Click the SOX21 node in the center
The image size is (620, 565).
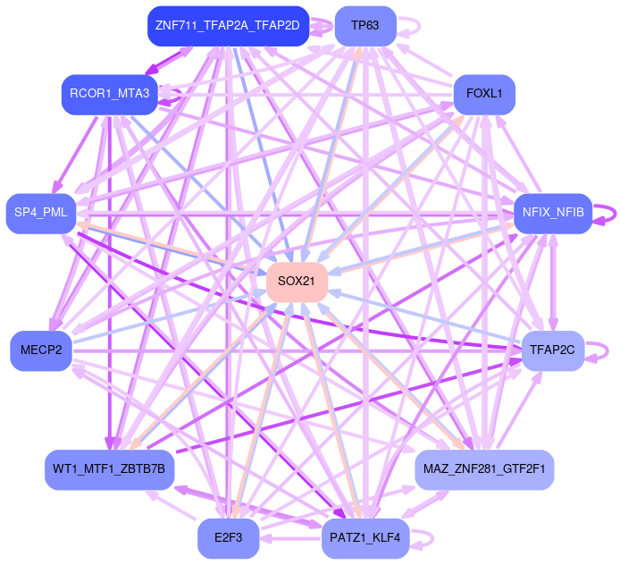[x=297, y=282]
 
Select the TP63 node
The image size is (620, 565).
[x=365, y=26]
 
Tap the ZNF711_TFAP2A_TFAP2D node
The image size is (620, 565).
[x=227, y=26]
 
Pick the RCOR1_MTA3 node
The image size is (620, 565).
[x=109, y=93]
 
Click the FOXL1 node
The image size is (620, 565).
[x=484, y=93]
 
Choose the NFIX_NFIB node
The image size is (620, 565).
[x=553, y=213]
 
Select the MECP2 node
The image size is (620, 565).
[x=40, y=350]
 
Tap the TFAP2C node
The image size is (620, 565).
[x=552, y=350]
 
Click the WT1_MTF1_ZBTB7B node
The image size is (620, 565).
[x=109, y=469]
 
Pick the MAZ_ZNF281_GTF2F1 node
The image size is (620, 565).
[x=484, y=469]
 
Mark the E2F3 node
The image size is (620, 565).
[x=228, y=538]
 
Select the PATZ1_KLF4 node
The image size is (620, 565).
[x=365, y=538]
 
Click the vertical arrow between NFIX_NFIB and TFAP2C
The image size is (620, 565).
[x=553, y=282]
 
